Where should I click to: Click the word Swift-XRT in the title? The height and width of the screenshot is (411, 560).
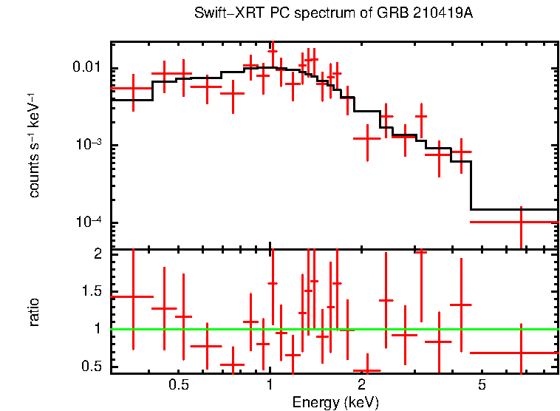223,14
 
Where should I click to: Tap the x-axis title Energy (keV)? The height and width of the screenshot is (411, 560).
335,402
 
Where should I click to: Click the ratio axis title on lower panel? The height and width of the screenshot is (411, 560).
35,312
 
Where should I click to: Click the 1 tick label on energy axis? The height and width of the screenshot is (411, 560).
270,385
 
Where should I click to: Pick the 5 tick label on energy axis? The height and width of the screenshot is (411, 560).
482,385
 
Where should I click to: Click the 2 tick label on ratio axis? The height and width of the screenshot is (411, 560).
97,254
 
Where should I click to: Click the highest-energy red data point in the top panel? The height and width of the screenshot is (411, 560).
521,222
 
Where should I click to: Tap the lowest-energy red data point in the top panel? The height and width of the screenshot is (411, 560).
133,88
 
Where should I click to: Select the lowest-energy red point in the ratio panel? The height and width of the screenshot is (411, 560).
133,296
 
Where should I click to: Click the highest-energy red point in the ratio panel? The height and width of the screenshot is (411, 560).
521,353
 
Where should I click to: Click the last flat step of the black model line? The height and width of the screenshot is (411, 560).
514,209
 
